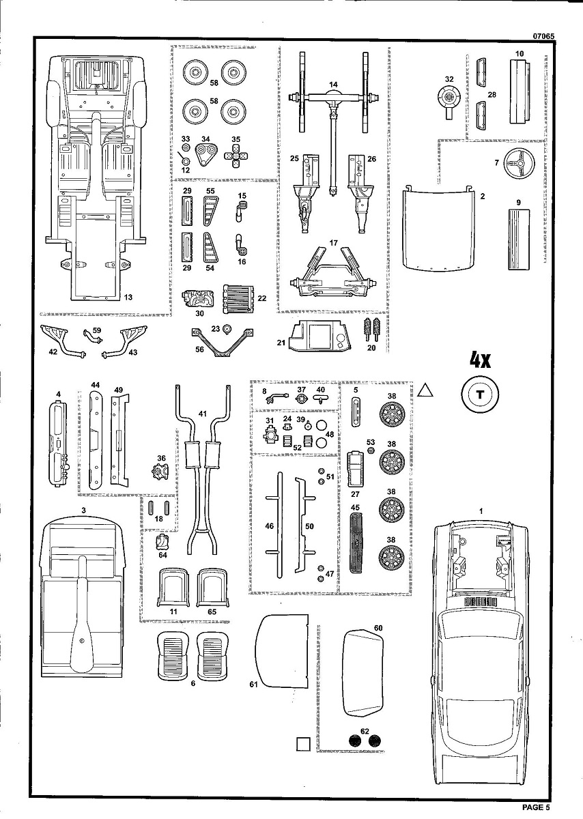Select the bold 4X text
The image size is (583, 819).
point(482,360)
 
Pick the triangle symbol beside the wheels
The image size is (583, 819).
point(426,390)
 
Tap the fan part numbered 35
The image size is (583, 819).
point(236,158)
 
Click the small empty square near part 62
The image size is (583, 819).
point(304,743)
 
